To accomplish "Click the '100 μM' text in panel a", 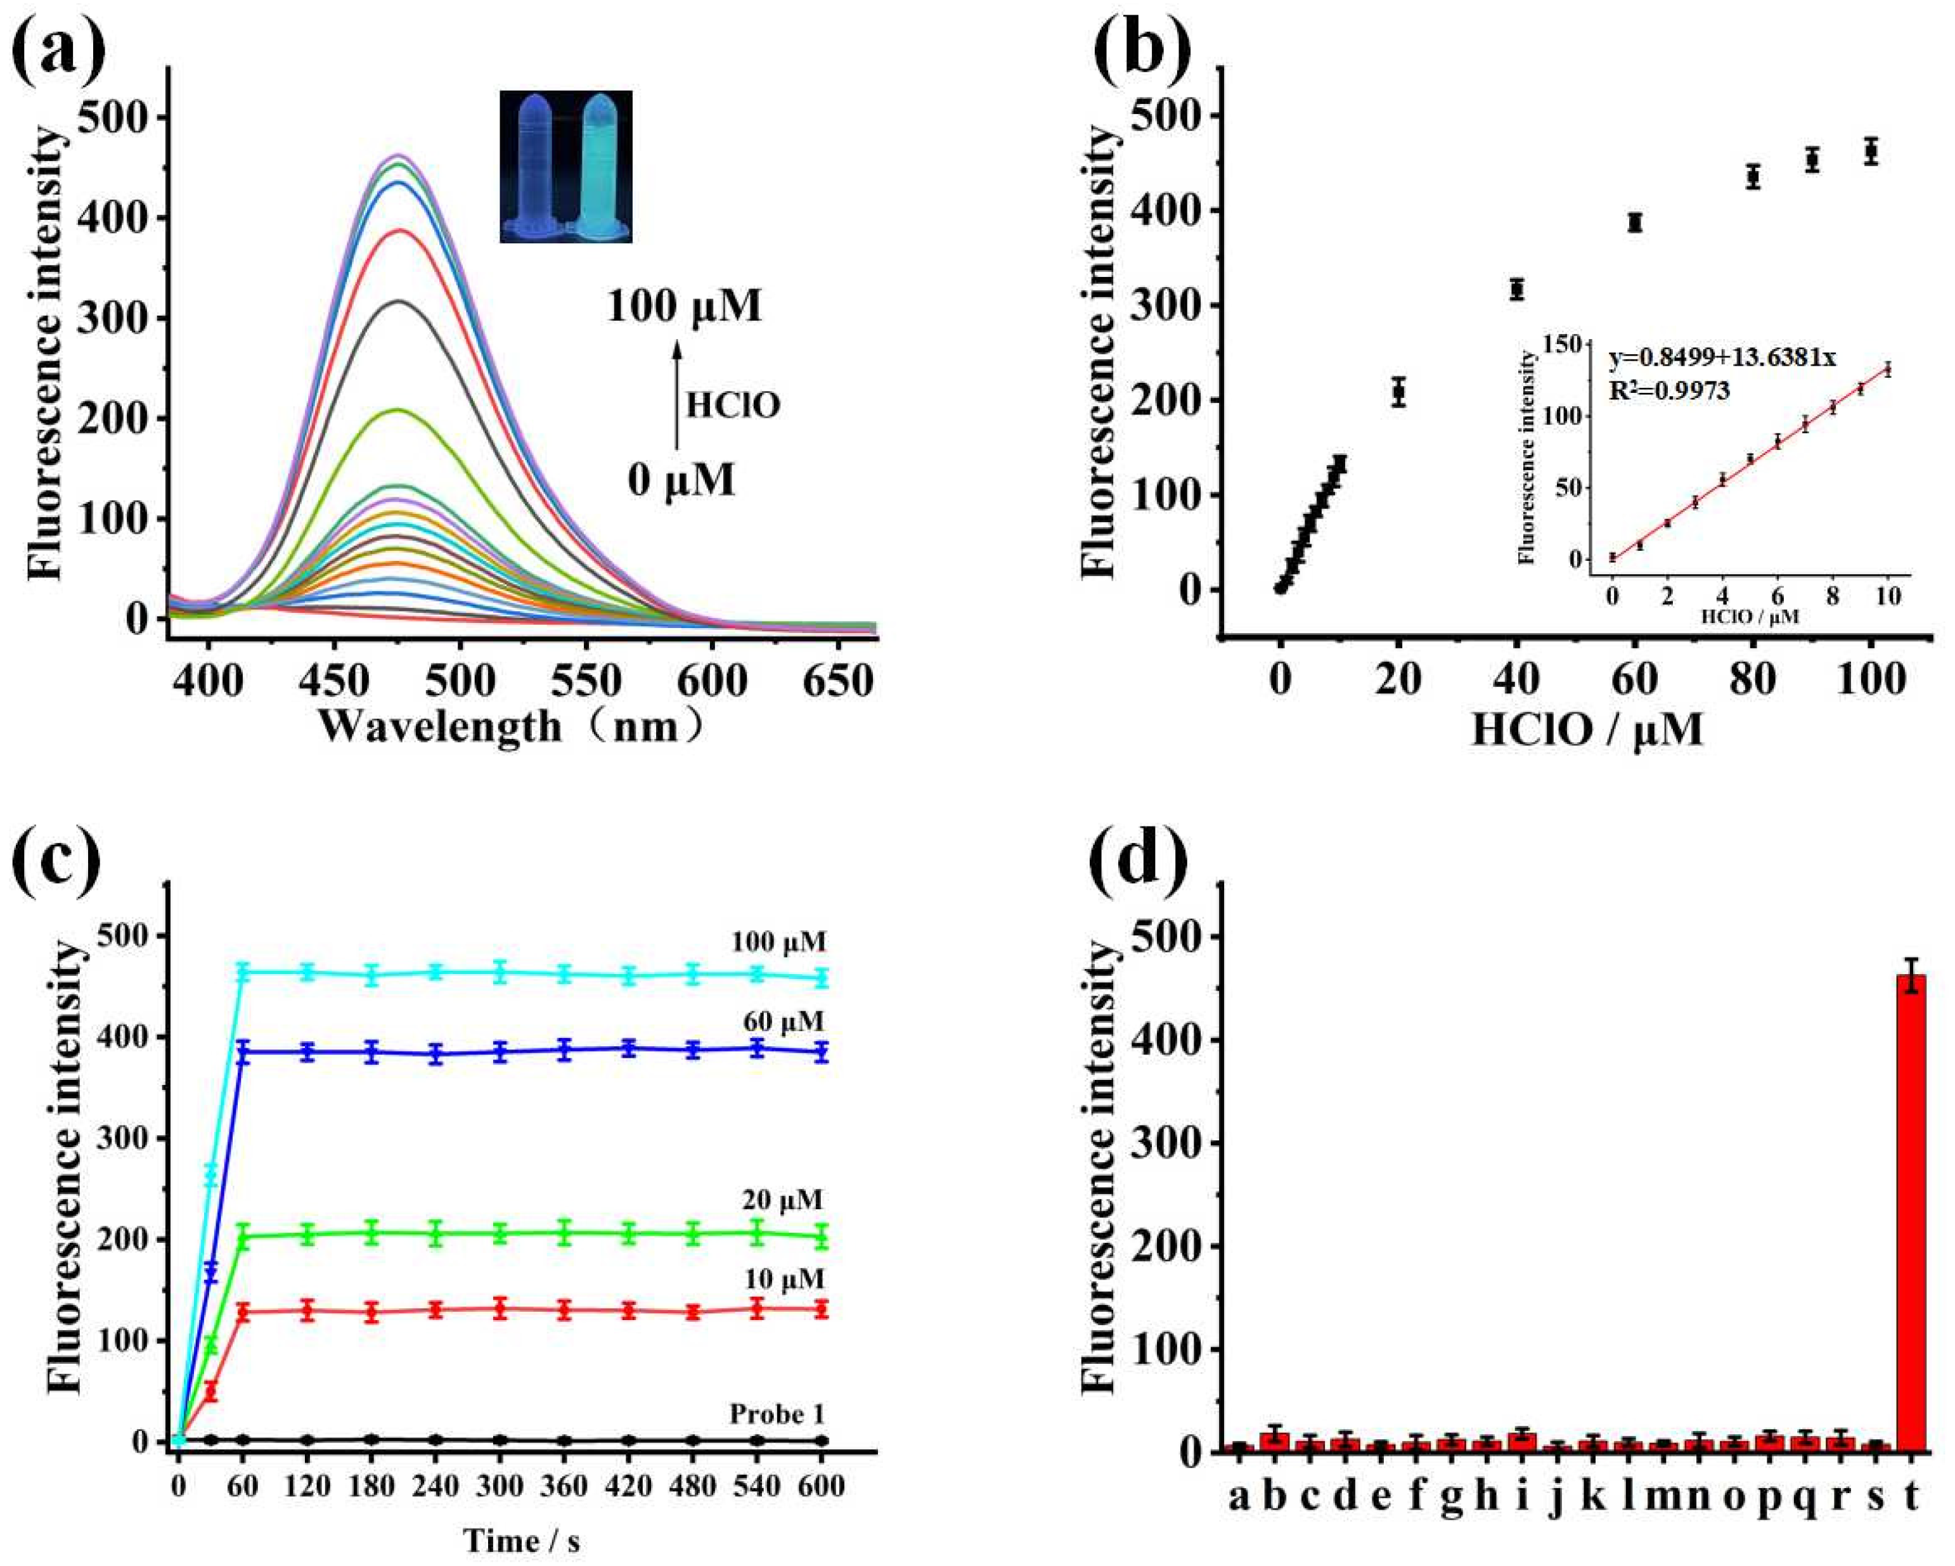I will tap(685, 307).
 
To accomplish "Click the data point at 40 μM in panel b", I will tap(1516, 289).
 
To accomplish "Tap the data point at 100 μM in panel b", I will tap(1870, 151).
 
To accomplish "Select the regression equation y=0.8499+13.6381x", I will tap(1722, 357).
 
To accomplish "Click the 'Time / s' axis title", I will tap(521, 1541).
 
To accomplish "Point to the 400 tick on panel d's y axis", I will tap(1165, 1039).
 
